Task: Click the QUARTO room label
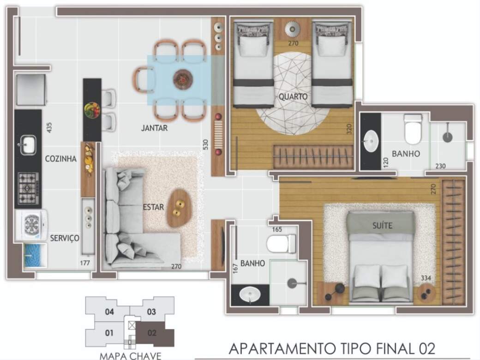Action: (293, 97)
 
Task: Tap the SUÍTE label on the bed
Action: (382, 226)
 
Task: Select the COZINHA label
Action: (60, 159)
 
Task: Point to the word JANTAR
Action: (154, 128)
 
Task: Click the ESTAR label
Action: (153, 207)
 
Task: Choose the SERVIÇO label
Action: (65, 238)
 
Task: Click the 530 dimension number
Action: (205, 144)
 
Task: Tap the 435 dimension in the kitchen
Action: (49, 127)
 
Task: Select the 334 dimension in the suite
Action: (426, 278)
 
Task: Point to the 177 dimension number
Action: (85, 263)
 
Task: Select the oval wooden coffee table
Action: (179, 208)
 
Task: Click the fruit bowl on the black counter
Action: (92, 110)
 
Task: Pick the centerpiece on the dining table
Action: (183, 79)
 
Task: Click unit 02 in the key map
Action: (152, 333)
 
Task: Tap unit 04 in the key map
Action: (109, 312)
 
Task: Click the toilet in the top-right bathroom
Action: (413, 129)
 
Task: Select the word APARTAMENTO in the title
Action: (282, 348)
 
